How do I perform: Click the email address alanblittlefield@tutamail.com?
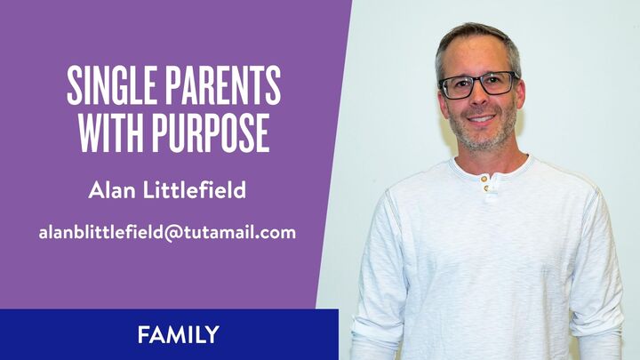click(x=167, y=233)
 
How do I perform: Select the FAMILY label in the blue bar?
click(x=178, y=335)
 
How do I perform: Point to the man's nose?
click(x=481, y=100)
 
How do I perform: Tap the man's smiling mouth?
click(x=482, y=118)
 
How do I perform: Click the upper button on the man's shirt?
click(x=484, y=178)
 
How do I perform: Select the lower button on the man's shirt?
click(x=486, y=188)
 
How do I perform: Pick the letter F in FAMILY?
click(x=142, y=335)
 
